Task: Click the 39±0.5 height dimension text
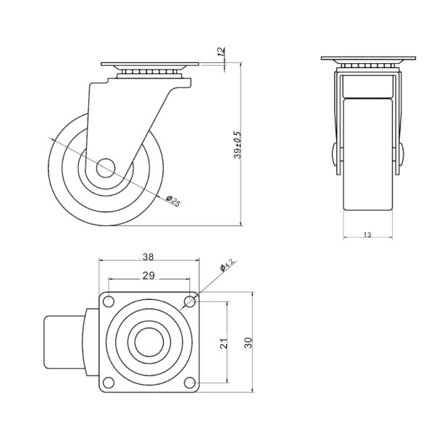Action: (238, 145)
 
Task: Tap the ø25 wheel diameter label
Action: (173, 201)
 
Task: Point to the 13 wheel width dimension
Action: (367, 235)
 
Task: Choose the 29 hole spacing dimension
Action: (148, 276)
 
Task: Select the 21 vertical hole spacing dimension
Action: (224, 343)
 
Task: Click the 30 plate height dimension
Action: (249, 343)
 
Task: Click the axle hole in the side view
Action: (103, 166)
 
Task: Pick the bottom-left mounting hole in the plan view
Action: (108, 383)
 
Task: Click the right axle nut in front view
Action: (402, 155)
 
